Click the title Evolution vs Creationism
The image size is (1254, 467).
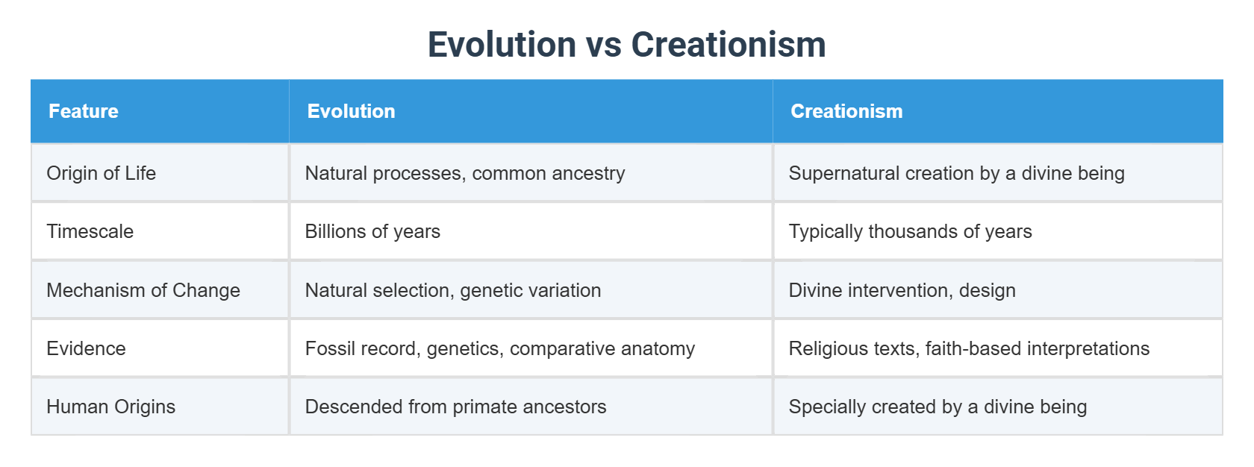tap(626, 45)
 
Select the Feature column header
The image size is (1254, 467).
tap(84, 111)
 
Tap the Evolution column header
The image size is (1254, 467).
tap(351, 111)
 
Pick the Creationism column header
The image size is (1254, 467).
tap(846, 111)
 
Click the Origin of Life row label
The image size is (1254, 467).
tap(102, 173)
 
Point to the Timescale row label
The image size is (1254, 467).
tap(90, 231)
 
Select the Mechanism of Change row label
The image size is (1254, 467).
tap(143, 290)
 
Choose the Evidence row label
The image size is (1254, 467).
tap(86, 348)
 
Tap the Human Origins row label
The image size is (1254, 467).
tap(110, 407)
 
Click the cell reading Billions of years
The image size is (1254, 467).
tap(372, 231)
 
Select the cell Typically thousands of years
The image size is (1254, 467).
tap(910, 231)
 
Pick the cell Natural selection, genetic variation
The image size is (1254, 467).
tap(452, 290)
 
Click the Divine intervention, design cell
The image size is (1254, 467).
tap(902, 290)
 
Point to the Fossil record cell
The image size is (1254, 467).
tap(499, 348)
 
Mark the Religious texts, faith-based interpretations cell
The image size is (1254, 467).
tap(969, 348)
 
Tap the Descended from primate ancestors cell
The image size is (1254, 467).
tap(455, 407)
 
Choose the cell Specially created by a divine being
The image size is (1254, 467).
tap(938, 407)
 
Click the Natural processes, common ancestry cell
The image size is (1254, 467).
tap(464, 173)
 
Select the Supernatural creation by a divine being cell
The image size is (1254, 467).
tap(956, 173)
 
